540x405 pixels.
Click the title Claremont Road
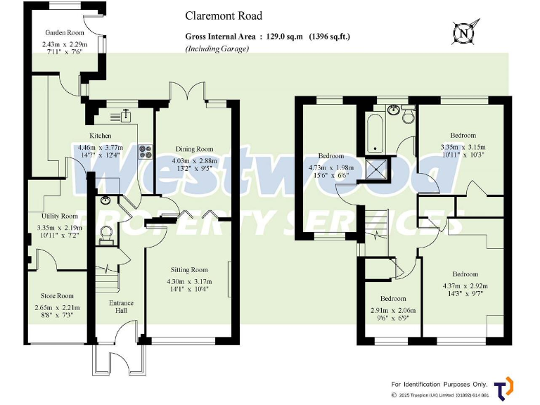(224, 15)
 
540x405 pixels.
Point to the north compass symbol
(462, 32)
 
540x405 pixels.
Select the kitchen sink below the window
(126, 112)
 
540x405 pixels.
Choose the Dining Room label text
(194, 149)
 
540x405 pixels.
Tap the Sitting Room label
(189, 269)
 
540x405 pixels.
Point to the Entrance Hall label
(121, 308)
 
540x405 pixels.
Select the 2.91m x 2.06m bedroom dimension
(393, 310)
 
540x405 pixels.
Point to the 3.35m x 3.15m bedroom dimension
(462, 148)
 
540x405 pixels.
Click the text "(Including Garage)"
(217, 49)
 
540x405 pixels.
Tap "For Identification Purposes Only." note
(439, 384)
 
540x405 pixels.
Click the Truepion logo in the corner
(503, 388)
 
